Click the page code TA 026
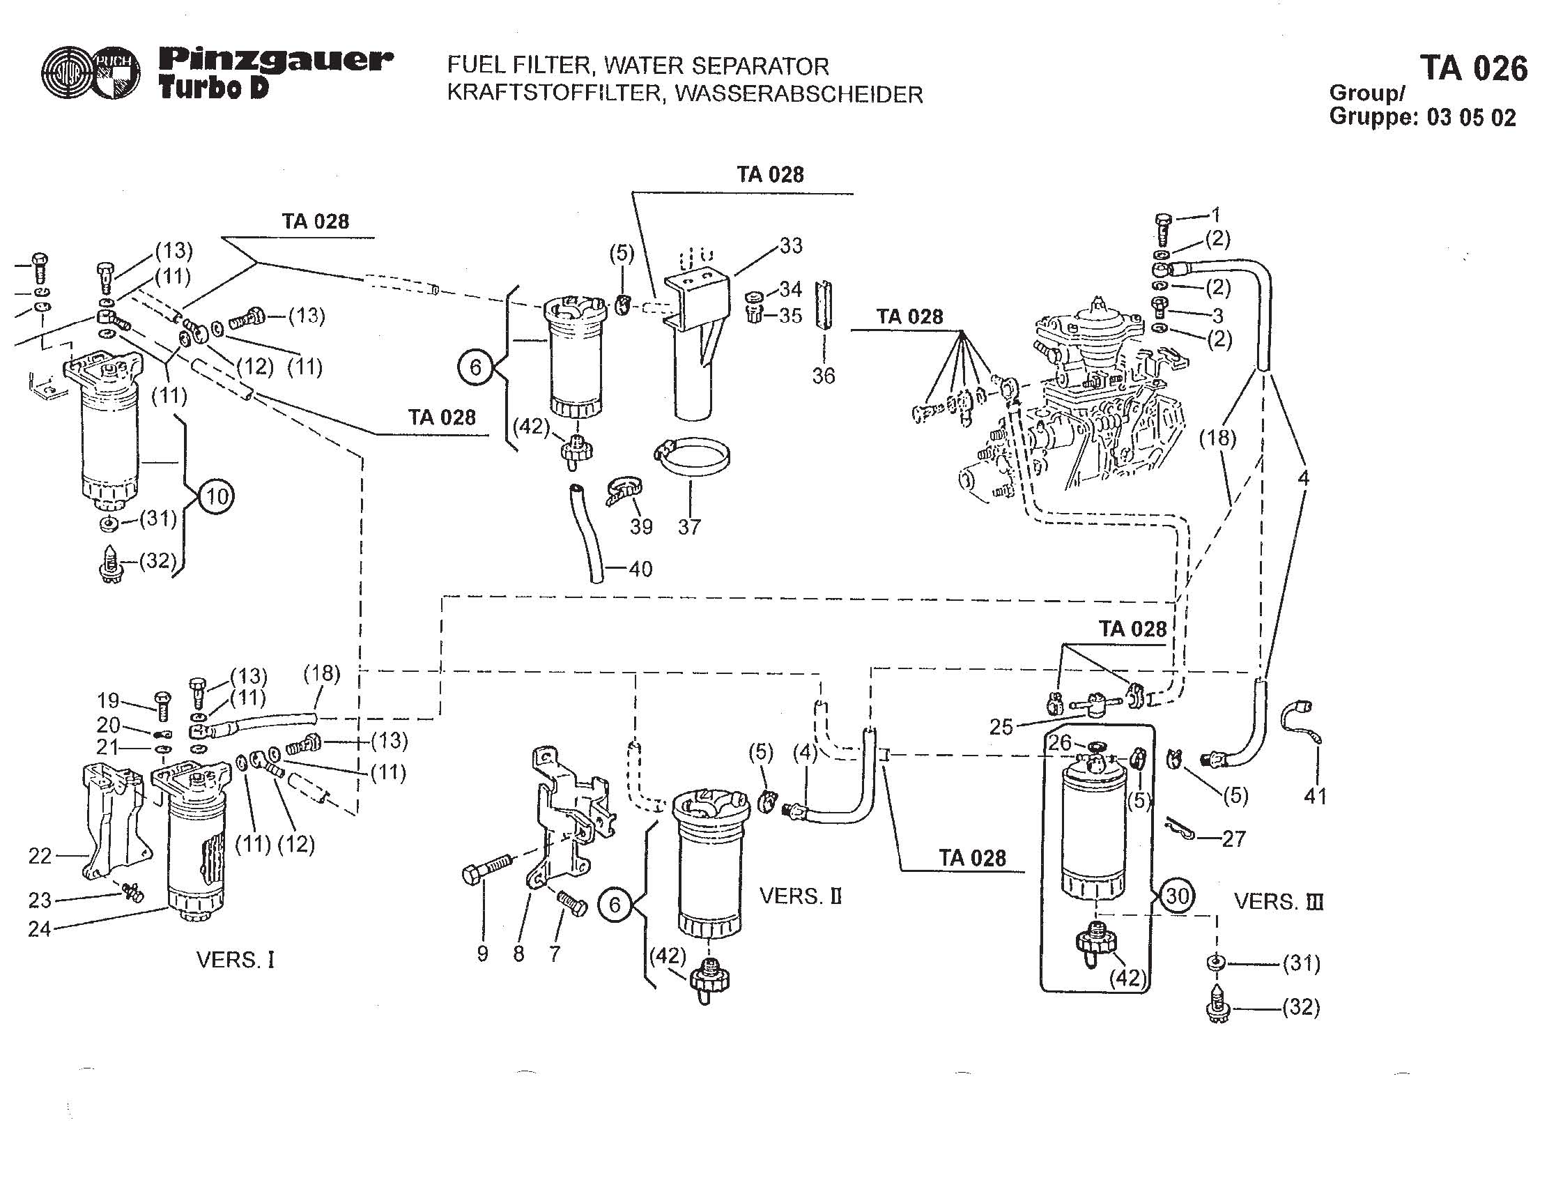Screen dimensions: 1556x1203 1473,68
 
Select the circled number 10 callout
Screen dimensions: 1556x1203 217,496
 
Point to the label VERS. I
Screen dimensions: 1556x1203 235,960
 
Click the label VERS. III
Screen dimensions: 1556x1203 1278,901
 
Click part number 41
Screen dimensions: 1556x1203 1315,796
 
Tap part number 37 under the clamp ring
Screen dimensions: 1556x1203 689,527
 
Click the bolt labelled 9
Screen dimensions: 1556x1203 488,870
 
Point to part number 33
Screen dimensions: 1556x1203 791,245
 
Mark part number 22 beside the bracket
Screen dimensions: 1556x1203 40,856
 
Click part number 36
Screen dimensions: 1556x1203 824,376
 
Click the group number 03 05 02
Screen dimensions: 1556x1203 1471,117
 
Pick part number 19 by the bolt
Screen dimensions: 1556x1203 109,701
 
